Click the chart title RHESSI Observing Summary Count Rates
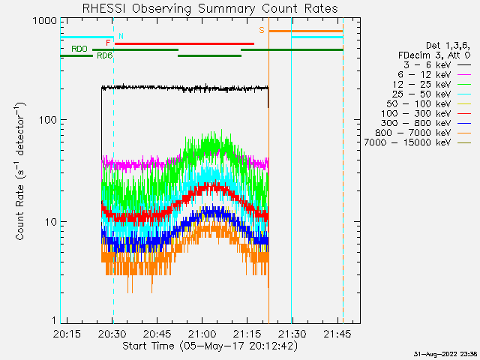coord(210,8)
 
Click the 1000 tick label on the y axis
coord(45,21)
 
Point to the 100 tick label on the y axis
coord(48,120)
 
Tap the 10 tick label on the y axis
coord(51,222)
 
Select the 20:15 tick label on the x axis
coord(67,334)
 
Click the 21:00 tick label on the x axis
coord(202,334)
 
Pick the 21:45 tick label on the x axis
coord(337,334)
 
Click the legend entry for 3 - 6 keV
coord(436,65)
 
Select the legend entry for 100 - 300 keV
coord(426,113)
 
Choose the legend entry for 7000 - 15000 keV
coord(418,142)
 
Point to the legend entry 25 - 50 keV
coord(431,94)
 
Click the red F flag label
coord(108,43)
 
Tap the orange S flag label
coord(262,30)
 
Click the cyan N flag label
coord(121,36)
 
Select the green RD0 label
coord(79,49)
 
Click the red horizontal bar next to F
coord(184,43)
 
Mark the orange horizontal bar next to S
coord(306,31)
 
